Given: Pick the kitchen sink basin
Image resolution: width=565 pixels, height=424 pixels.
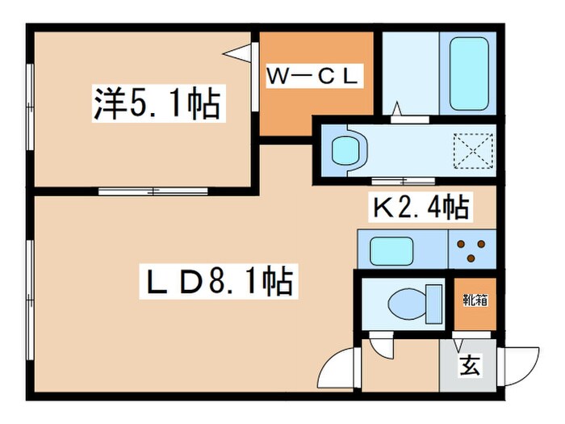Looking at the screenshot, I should pos(391,250).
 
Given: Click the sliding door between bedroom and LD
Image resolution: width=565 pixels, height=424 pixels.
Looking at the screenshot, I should pos(153,192).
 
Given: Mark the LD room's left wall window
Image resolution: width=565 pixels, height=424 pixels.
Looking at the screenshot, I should pos(31,291).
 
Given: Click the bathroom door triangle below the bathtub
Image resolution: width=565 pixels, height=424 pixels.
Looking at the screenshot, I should pos(398,109).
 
